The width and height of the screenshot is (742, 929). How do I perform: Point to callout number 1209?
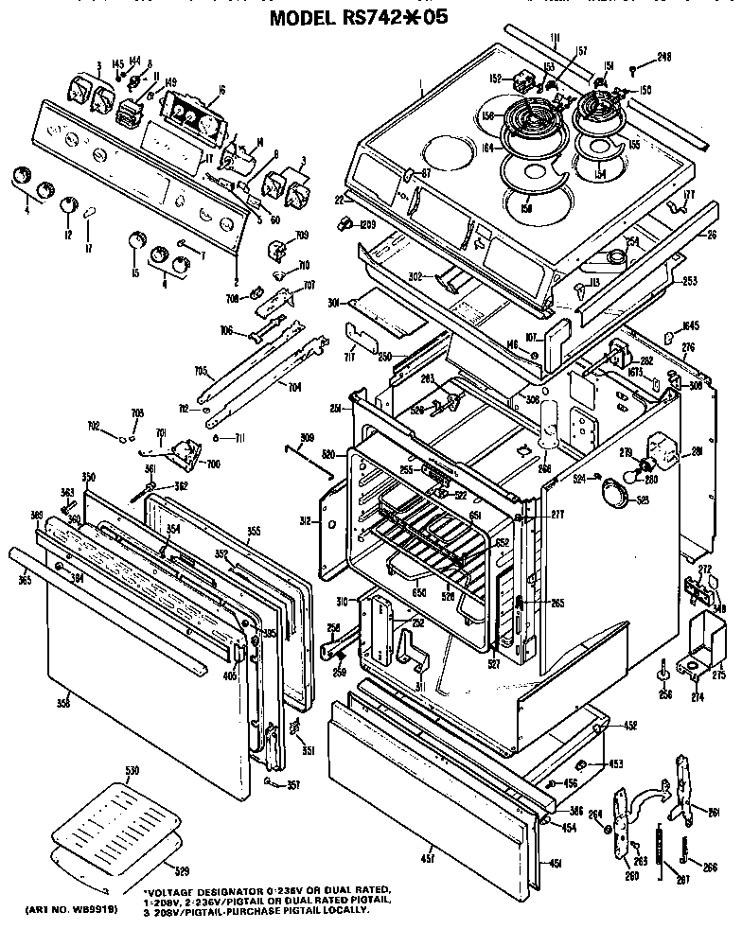coord(367,224)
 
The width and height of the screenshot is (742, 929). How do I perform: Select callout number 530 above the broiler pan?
coord(132,772)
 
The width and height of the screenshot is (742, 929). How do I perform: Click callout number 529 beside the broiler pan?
coord(184,867)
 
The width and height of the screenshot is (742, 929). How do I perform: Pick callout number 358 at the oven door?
coord(63,702)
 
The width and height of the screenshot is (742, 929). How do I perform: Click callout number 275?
coord(717,675)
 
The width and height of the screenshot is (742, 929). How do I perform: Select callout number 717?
coord(349,357)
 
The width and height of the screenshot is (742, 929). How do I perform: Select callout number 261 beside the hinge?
coord(714,811)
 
